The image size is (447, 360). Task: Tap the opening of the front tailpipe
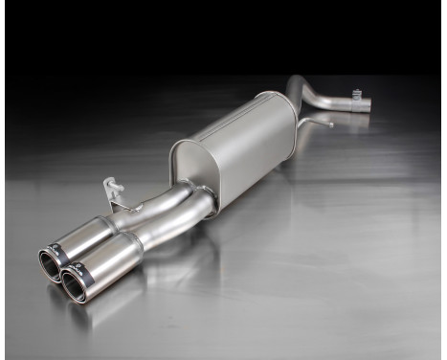tap(74, 284)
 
